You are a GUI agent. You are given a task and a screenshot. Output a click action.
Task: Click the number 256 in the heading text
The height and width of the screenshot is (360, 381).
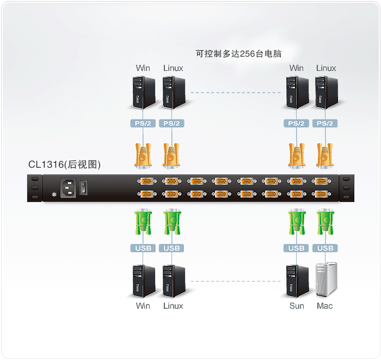coord(248,53)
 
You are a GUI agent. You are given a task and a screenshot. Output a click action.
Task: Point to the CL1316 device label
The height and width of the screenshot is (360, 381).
coord(64,164)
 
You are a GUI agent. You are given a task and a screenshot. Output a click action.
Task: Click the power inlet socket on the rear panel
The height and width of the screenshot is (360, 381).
coord(68,188)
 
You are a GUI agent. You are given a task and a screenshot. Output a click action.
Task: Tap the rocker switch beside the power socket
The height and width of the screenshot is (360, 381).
coord(83,187)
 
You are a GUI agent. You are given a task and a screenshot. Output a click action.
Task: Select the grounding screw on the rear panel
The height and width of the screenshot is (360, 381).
coord(53,195)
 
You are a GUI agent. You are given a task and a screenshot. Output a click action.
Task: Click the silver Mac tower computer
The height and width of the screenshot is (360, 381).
coord(326,280)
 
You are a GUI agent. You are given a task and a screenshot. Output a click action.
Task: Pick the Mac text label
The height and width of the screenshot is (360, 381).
coord(325,306)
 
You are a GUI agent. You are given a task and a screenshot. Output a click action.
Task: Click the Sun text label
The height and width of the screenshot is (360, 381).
coord(297,306)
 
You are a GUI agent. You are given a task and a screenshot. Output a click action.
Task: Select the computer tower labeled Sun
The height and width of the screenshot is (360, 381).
coord(297,280)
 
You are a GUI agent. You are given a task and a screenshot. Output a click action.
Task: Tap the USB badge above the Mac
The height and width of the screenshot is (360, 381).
coord(325,248)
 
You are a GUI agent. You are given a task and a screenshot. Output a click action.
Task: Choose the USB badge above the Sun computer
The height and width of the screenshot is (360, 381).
coord(296,248)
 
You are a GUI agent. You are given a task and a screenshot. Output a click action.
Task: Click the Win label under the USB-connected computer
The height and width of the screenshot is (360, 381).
coord(143,306)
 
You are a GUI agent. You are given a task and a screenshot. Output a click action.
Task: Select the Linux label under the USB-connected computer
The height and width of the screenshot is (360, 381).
coord(173,306)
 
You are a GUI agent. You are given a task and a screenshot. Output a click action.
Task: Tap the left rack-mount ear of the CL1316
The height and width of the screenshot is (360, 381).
coord(35,188)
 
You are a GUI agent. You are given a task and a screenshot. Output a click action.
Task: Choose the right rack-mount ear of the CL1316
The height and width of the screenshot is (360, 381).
coord(346,188)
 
